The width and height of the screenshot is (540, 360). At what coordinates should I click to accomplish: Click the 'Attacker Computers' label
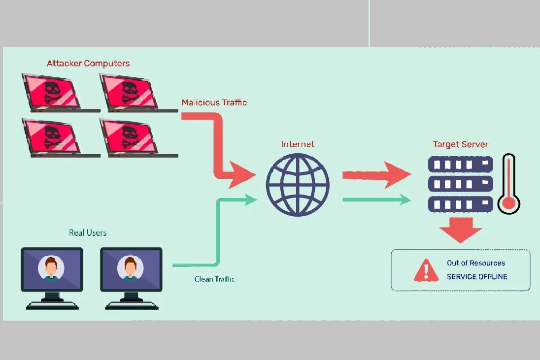tap(88, 64)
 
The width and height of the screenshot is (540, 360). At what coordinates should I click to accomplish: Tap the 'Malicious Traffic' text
tap(214, 102)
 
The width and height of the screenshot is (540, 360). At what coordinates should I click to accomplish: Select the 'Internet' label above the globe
tap(298, 144)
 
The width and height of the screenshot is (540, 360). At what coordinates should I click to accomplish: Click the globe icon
tap(298, 185)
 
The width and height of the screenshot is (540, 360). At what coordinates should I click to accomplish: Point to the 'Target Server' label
tap(461, 144)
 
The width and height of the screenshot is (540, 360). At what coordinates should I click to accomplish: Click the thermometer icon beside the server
tap(508, 184)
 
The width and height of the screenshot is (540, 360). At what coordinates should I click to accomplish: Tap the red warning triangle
tap(426, 270)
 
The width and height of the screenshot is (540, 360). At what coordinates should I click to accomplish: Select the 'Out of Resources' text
tap(475, 263)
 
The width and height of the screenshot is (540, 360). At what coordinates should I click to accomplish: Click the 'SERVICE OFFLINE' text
tap(477, 277)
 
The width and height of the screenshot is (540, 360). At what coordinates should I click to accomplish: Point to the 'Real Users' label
tap(88, 232)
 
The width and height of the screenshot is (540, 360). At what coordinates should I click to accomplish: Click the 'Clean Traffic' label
tap(214, 279)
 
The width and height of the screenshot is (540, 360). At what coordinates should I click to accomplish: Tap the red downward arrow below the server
tap(461, 230)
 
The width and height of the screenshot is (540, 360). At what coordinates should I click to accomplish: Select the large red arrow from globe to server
tap(376, 175)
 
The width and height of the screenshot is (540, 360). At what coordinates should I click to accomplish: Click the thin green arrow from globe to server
tap(376, 199)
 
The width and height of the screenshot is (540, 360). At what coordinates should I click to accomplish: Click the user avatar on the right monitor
tap(131, 268)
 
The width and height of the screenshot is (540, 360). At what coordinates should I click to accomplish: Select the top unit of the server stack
tap(461, 164)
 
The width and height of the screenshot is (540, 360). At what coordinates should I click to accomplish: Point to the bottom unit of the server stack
tap(461, 204)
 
